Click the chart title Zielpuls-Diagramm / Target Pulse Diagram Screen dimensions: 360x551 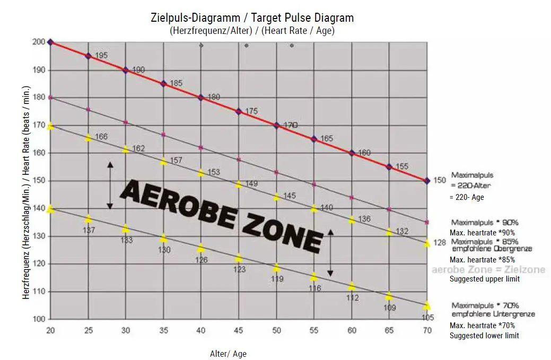(252, 18)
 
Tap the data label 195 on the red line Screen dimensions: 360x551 (102, 56)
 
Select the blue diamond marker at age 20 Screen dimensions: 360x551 (50, 42)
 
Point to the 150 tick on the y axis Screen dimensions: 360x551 (39, 181)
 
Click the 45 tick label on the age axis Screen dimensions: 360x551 (239, 330)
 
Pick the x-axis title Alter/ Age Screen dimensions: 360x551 (228, 354)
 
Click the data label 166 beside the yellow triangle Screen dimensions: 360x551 (101, 137)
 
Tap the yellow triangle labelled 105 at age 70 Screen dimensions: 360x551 (427, 306)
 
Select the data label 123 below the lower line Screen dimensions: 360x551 (239, 269)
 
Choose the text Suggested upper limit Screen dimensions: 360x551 (485, 279)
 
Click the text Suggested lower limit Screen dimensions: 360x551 (484, 336)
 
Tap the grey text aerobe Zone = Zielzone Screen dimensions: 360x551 (488, 270)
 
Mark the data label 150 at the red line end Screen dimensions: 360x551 (440, 180)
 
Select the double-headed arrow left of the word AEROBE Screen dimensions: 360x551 (110, 186)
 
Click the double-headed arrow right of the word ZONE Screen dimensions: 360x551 (330, 253)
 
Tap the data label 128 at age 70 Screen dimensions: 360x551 (440, 243)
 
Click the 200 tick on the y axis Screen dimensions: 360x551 (39, 42)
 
